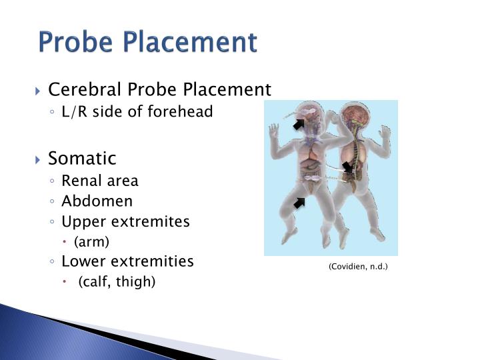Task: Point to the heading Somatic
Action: coord(82,159)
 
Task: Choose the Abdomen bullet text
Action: coord(97,201)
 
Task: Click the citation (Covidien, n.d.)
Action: coord(358,267)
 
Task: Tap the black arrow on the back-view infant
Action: coord(347,167)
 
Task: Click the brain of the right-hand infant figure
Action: coord(351,115)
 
